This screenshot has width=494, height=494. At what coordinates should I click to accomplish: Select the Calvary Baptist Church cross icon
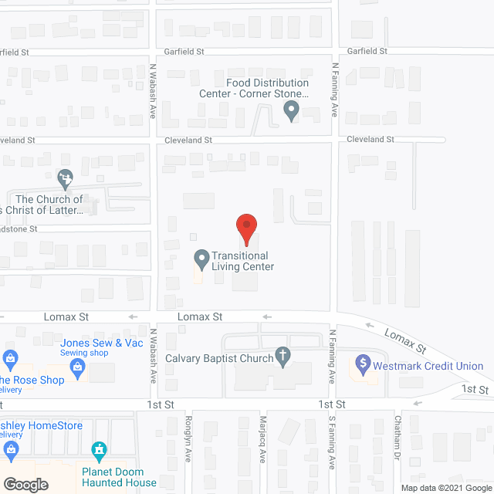tap(283, 357)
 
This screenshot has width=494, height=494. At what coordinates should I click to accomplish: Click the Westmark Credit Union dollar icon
tap(363, 363)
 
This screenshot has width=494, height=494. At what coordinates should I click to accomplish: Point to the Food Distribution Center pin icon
tap(291, 112)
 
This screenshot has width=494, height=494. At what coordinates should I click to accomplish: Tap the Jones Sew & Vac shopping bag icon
tap(78, 370)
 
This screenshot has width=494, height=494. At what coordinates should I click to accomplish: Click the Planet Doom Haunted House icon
tap(98, 449)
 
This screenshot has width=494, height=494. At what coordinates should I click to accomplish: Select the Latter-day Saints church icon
tap(66, 180)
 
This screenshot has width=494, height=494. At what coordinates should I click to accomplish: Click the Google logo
tap(25, 484)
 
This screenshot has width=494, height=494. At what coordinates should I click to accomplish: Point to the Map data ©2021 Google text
tap(445, 488)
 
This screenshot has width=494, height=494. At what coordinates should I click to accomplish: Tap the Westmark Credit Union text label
tap(430, 366)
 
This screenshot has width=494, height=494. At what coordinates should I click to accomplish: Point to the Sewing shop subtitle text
tap(84, 353)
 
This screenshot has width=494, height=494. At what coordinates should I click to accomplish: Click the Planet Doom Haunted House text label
tap(119, 477)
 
